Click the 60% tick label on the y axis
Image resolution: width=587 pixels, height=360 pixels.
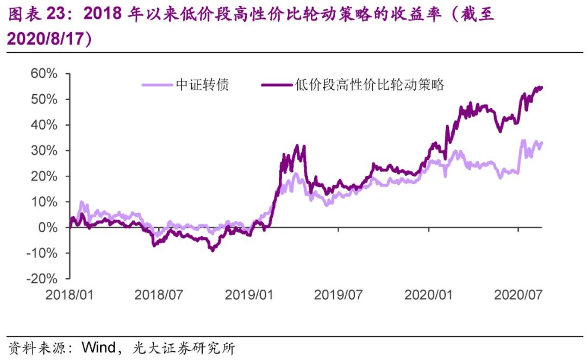click(43, 73)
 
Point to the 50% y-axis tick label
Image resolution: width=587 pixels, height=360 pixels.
click(43, 99)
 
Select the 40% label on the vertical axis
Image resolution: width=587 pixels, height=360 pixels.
click(43, 125)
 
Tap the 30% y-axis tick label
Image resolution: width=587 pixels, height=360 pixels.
click(43, 150)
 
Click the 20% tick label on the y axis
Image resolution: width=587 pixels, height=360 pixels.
click(43, 176)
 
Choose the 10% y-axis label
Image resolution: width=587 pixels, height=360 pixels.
click(43, 201)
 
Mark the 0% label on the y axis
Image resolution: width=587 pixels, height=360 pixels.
click(47, 227)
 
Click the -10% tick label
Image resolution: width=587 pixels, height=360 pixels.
click(41, 252)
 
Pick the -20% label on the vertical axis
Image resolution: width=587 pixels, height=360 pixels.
click(41, 278)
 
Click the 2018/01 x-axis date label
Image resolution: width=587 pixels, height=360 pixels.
click(70, 295)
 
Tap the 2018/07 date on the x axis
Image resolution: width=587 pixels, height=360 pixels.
click(159, 295)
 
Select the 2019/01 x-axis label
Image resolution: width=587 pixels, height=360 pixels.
click(249, 295)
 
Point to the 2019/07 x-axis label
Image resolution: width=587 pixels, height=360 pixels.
click(338, 295)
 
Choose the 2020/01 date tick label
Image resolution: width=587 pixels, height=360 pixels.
click(428, 295)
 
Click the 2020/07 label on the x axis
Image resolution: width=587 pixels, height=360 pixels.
click(517, 295)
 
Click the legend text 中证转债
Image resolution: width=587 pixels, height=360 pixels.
click(202, 85)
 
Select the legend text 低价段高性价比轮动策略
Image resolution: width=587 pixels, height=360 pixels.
click(370, 85)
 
